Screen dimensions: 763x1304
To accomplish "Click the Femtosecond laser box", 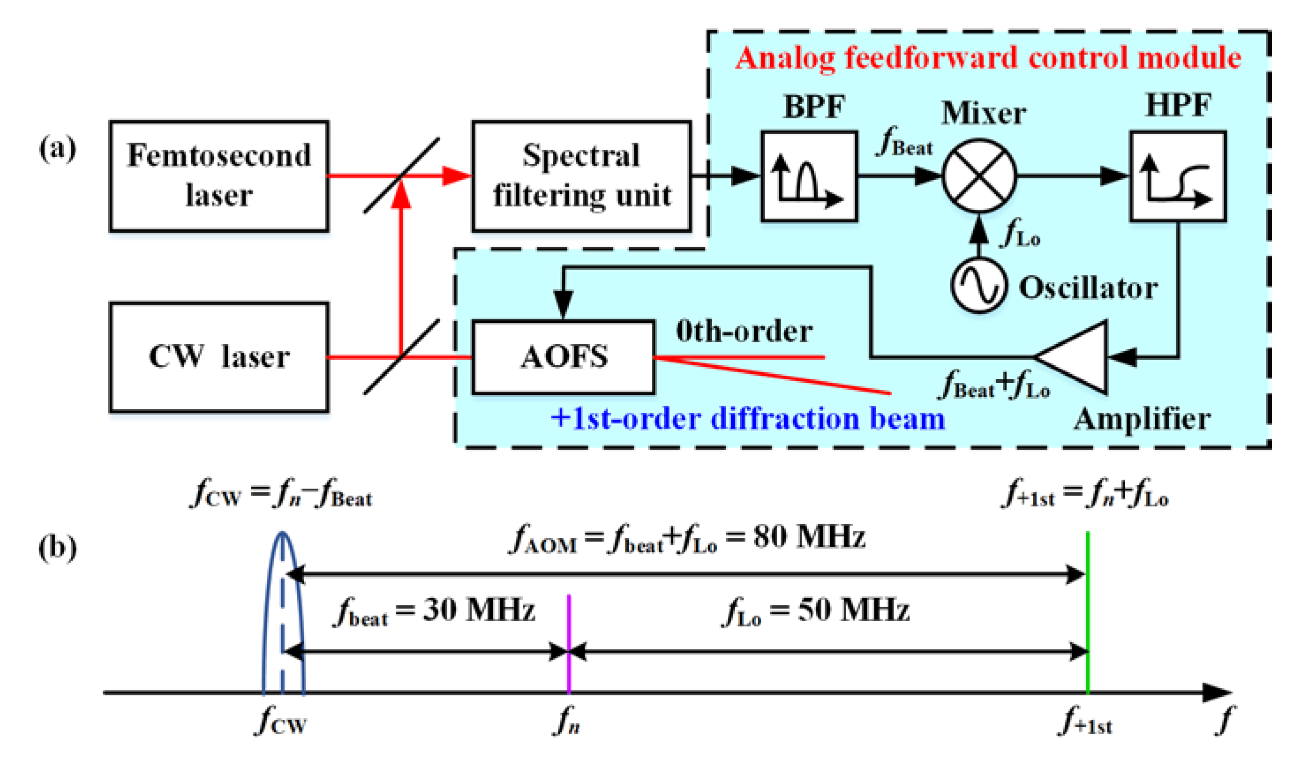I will click(x=219, y=176).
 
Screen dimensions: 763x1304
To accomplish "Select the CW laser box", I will click(x=219, y=357).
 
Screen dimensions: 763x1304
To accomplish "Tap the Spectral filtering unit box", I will click(x=581, y=176).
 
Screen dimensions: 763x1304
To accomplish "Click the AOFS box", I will click(x=563, y=357).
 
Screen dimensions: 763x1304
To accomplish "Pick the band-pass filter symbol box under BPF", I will click(x=809, y=176).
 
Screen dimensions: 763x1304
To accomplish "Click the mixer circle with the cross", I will click(x=979, y=176).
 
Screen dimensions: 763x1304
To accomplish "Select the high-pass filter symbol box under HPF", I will click(x=1178, y=176).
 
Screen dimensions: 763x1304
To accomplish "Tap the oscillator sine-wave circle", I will click(x=979, y=286).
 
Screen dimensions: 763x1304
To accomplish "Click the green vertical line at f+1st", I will click(x=1088, y=610).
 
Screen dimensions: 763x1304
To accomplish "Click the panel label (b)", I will click(x=57, y=548).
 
